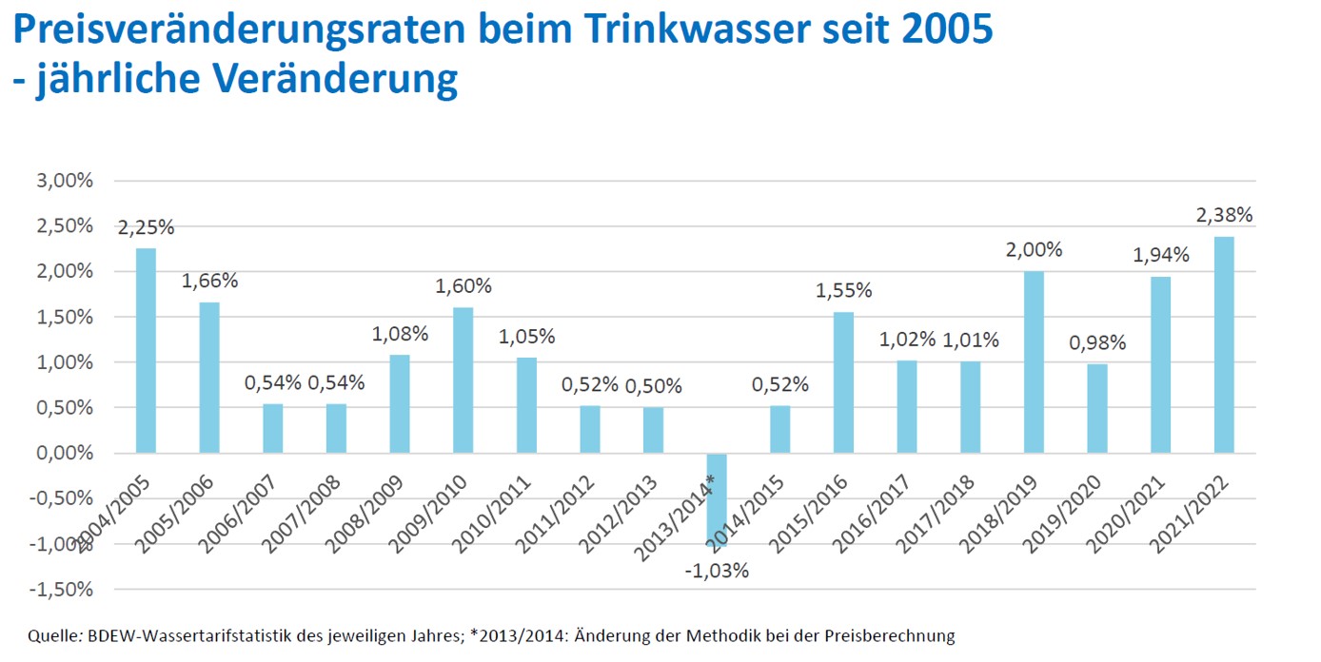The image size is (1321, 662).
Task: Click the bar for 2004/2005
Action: pyautogui.click(x=146, y=350)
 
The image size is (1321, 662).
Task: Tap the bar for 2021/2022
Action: pyautogui.click(x=1224, y=344)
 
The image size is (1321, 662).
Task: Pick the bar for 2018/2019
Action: pyautogui.click(x=1034, y=361)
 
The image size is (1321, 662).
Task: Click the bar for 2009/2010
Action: pyautogui.click(x=463, y=380)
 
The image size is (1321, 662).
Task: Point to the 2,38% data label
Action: pyautogui.click(x=1224, y=215)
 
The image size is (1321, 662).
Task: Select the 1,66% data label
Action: pyautogui.click(x=209, y=281)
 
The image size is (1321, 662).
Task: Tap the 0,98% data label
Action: pyautogui.click(x=1097, y=342)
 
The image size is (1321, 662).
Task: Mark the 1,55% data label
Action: pyautogui.click(x=843, y=290)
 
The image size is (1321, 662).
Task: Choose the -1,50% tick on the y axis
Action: pyautogui.click(x=63, y=590)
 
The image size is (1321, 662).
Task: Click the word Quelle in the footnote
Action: pyautogui.click(x=51, y=635)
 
